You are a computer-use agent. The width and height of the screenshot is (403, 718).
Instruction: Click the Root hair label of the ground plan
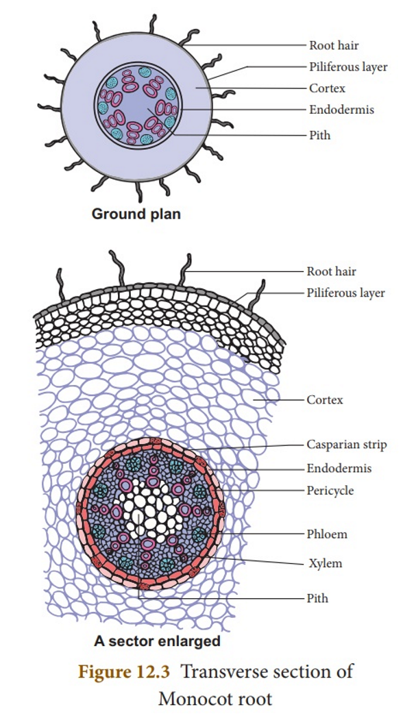334,45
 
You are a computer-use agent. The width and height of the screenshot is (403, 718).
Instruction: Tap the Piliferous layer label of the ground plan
348,67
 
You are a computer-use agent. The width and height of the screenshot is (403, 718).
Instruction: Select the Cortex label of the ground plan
327,88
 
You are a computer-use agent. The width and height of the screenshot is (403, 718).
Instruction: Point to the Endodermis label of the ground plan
341,110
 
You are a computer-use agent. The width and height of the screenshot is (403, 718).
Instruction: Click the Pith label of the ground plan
319,135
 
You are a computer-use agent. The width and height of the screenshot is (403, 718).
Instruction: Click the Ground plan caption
136,214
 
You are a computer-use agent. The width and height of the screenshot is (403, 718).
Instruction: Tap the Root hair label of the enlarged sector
331,271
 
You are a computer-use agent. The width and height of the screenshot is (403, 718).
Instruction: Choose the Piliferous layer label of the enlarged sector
345,293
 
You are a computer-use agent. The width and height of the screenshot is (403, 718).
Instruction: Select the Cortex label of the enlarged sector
325,399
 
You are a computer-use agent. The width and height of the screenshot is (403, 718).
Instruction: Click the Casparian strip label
347,445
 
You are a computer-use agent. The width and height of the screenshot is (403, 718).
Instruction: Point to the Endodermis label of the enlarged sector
339,468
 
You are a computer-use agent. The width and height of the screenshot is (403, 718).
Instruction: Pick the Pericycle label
330,491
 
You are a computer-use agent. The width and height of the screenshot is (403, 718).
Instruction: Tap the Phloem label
327,534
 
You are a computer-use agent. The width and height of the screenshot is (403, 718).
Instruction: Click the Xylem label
325,563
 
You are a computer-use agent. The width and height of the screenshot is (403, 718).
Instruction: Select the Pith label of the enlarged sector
317,598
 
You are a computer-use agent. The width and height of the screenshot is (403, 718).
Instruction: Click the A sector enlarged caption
157,641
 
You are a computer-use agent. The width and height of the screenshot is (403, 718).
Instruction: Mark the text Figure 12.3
124,671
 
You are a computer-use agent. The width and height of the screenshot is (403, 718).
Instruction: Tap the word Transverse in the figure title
219,671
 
